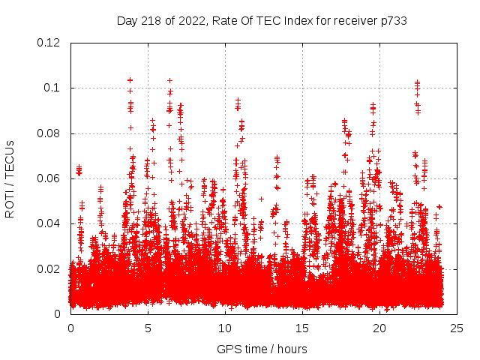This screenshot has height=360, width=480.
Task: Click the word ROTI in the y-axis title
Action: point(10,204)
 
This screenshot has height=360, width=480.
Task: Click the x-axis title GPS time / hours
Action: point(262,349)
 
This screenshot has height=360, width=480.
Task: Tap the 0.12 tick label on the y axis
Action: point(49,43)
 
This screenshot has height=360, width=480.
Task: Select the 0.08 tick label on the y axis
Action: point(49,133)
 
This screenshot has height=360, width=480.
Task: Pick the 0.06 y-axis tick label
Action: point(49,178)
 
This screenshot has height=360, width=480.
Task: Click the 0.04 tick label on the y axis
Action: point(49,223)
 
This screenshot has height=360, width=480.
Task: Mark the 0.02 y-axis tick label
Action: point(49,268)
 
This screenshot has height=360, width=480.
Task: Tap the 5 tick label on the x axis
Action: point(148,328)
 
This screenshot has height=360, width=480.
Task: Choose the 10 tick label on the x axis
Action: point(225,328)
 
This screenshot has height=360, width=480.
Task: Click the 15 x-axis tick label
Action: point(302,328)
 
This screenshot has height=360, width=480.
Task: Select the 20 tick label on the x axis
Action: point(379,328)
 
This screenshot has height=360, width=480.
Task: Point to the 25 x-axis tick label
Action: point(457,328)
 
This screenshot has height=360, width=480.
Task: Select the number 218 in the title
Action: point(151,21)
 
